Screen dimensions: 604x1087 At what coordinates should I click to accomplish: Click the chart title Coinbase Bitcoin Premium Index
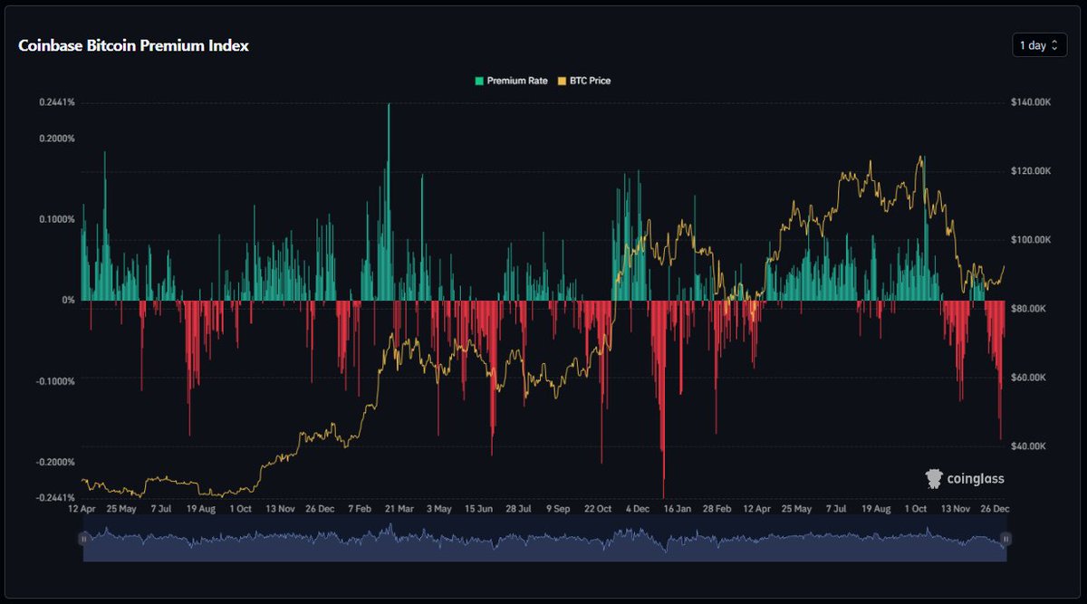pyautogui.click(x=133, y=45)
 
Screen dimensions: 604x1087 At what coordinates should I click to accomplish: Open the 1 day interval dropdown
pyautogui.click(x=1039, y=45)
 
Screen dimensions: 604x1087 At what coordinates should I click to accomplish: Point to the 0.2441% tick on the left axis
pyautogui.click(x=56, y=102)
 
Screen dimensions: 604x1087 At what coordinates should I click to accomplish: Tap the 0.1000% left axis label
pyautogui.click(x=56, y=219)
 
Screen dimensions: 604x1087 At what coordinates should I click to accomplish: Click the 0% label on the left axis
pyautogui.click(x=68, y=300)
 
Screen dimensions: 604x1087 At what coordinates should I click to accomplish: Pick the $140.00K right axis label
pyautogui.click(x=1031, y=102)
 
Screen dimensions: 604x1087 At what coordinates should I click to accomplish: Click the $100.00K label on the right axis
pyautogui.click(x=1031, y=240)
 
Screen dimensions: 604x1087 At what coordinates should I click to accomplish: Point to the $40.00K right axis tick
pyautogui.click(x=1029, y=446)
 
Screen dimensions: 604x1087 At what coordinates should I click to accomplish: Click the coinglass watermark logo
pyautogui.click(x=964, y=478)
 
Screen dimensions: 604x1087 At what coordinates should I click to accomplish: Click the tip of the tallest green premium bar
pyautogui.click(x=390, y=104)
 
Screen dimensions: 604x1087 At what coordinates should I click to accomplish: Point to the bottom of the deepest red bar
pyautogui.click(x=664, y=496)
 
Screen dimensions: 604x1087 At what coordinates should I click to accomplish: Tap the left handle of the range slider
pyautogui.click(x=83, y=539)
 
